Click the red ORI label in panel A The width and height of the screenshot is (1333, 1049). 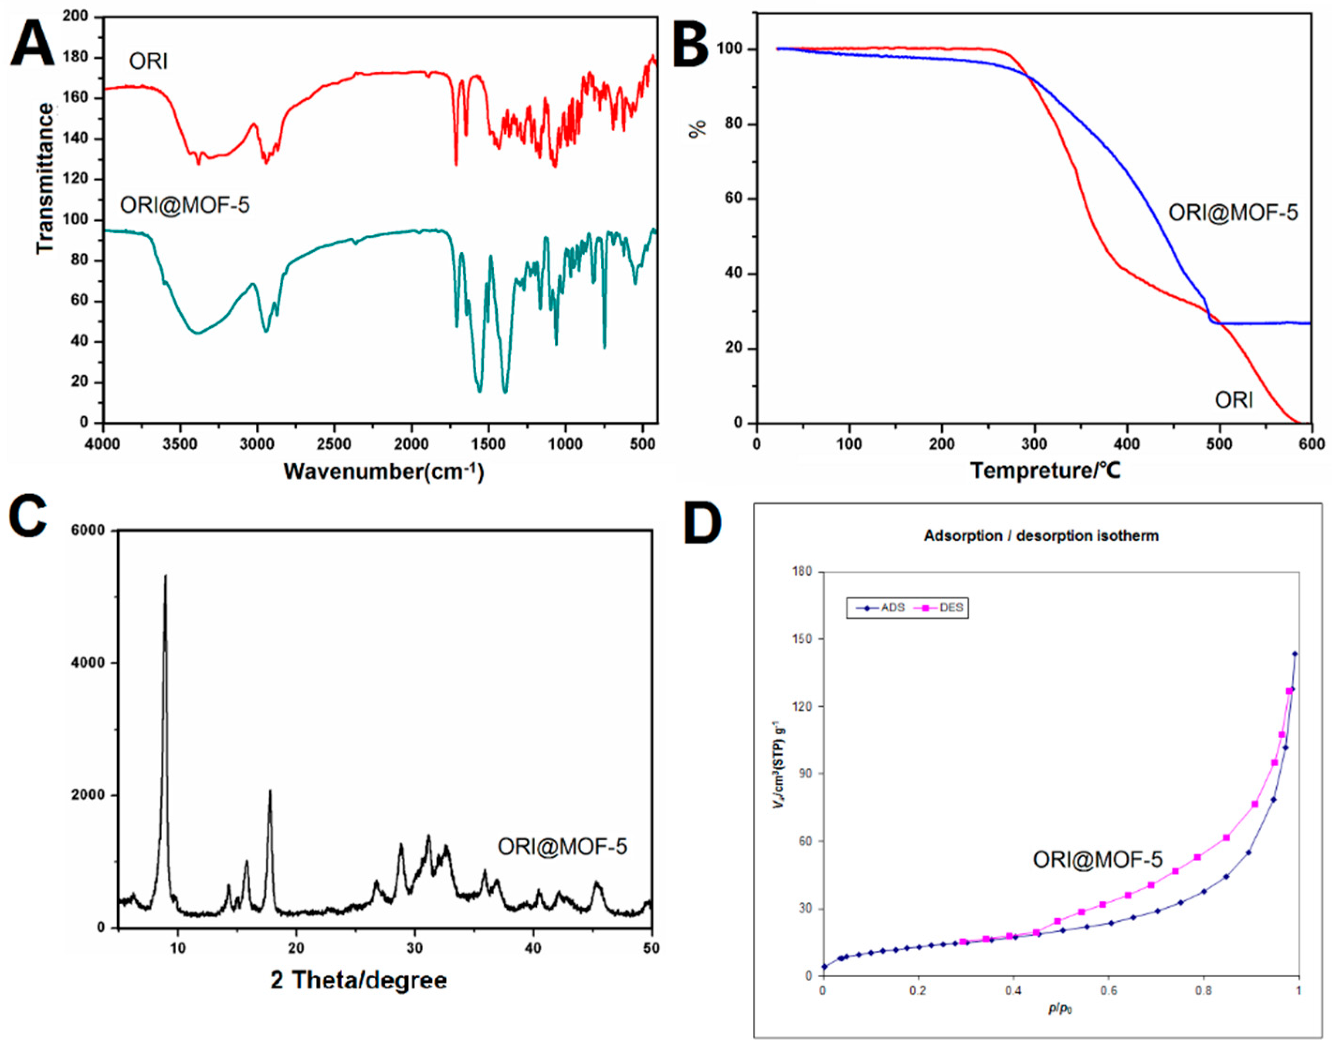(x=148, y=61)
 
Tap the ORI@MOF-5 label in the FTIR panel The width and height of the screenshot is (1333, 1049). (x=185, y=204)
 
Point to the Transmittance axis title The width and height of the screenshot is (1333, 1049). (x=45, y=178)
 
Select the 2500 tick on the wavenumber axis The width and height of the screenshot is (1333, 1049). (x=335, y=444)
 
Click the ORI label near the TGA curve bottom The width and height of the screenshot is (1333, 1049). (x=1234, y=400)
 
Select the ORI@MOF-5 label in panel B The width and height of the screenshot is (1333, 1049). (x=1233, y=212)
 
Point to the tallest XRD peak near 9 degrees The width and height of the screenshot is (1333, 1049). (x=165, y=577)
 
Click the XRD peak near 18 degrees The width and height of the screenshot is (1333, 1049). (x=270, y=792)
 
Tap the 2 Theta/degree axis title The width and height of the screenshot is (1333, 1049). (x=359, y=980)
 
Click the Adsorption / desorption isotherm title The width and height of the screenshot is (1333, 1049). (x=1041, y=536)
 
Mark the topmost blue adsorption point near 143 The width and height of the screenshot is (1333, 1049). (x=1295, y=654)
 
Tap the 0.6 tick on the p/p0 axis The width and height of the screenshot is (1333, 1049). (x=1108, y=991)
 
